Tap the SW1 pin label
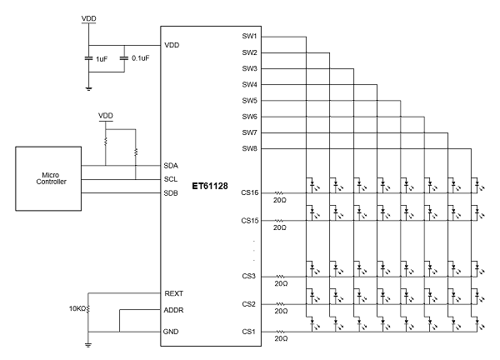[249, 37]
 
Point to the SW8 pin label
[249, 149]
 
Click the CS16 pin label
[250, 192]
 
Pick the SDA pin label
[172, 165]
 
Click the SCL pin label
[172, 179]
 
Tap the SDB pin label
[172, 192]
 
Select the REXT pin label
[173, 293]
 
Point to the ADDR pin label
[174, 310]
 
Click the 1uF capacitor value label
[101, 59]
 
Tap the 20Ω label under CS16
[281, 200]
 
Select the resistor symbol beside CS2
[280, 304]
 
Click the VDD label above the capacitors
[88, 17]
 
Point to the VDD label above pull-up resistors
[106, 115]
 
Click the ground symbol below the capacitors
[88, 86]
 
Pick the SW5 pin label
[249, 101]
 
